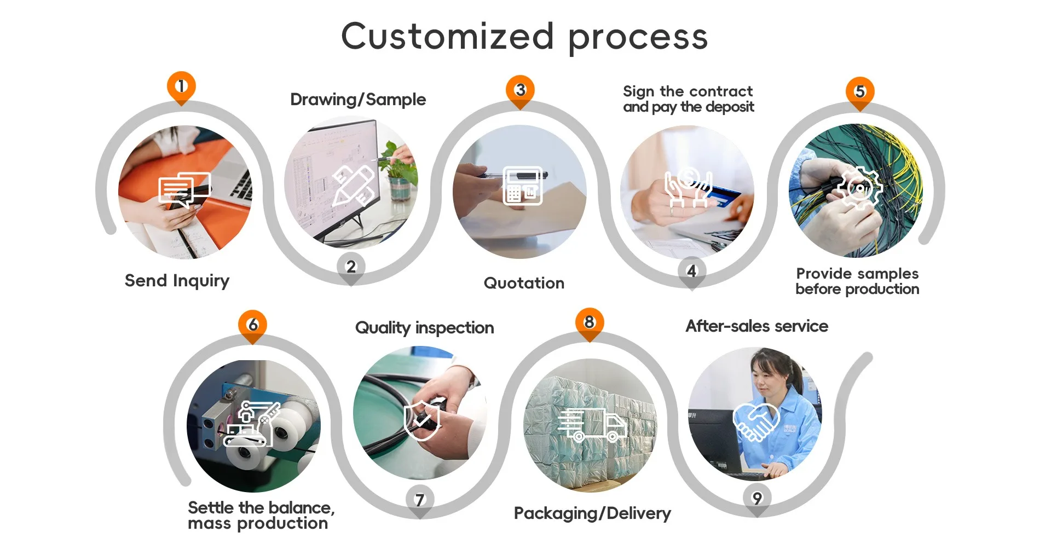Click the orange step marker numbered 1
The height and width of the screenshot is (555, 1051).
tap(181, 86)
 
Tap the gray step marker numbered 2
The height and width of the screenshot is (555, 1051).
tap(351, 267)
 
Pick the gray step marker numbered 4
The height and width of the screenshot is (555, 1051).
tap(691, 271)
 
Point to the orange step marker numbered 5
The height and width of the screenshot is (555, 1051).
tap(860, 91)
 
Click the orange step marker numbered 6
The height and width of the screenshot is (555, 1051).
tap(252, 325)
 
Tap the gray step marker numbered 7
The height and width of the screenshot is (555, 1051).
tap(420, 500)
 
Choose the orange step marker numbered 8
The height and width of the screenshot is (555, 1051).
tap(589, 322)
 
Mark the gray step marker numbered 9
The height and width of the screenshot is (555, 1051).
tap(757, 498)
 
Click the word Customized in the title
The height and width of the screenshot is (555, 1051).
tap(447, 36)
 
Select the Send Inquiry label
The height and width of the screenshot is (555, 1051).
tap(177, 281)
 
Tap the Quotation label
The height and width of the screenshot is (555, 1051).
tap(524, 283)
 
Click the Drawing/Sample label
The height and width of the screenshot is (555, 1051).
tap(358, 100)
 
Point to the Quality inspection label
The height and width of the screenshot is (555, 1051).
tap(424, 328)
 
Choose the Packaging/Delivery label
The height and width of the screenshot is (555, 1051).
tap(592, 513)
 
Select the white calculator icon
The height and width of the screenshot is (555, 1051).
tap(523, 186)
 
